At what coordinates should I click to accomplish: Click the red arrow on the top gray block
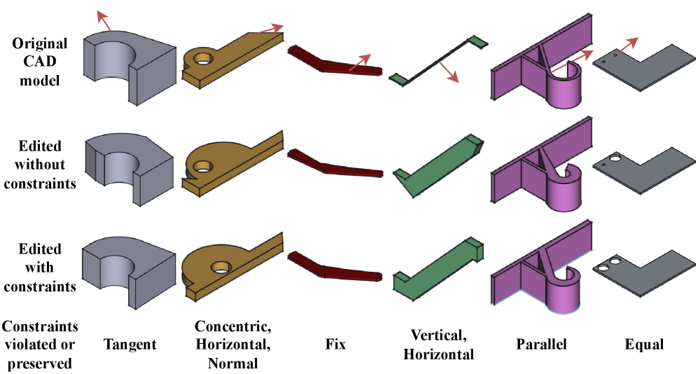104,21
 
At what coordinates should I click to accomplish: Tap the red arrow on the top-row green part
448,71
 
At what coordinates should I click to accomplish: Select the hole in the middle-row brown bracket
203,166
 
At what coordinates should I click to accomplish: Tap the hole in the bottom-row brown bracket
222,267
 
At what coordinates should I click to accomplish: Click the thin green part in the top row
434,60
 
